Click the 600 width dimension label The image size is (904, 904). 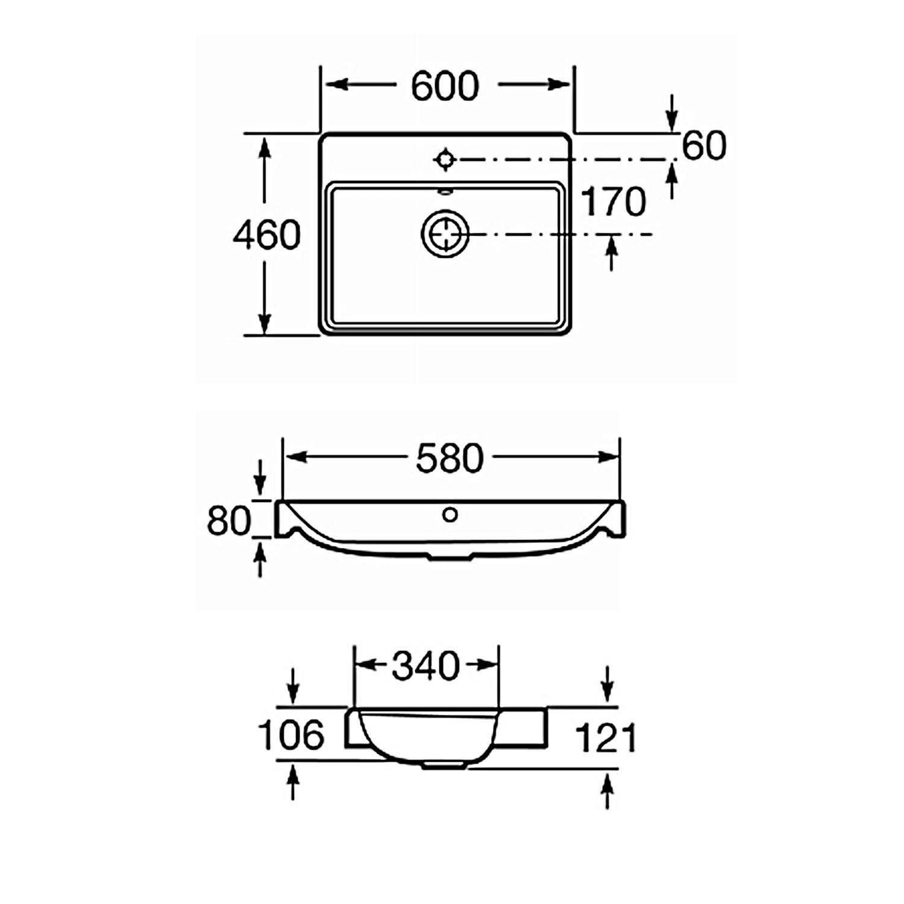coord(445,86)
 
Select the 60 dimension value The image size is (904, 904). coord(705,146)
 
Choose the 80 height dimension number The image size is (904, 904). coord(229,521)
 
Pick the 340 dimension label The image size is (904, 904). coord(425,666)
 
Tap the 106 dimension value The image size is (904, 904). coord(291,735)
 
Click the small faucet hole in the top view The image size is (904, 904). coord(445,159)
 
